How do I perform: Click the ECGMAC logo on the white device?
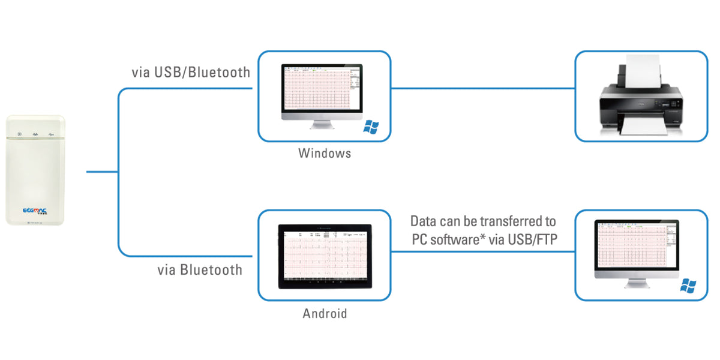[x=35, y=211]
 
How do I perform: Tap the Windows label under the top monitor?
[x=325, y=153]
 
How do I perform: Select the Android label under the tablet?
[x=325, y=313]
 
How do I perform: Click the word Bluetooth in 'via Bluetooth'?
[x=212, y=269]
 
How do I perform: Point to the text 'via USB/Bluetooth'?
[x=191, y=73]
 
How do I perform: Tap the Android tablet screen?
[x=324, y=256]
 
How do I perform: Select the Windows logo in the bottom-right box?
[x=688, y=286]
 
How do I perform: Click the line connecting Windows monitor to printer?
[x=483, y=88]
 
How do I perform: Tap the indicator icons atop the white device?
[x=35, y=134]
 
